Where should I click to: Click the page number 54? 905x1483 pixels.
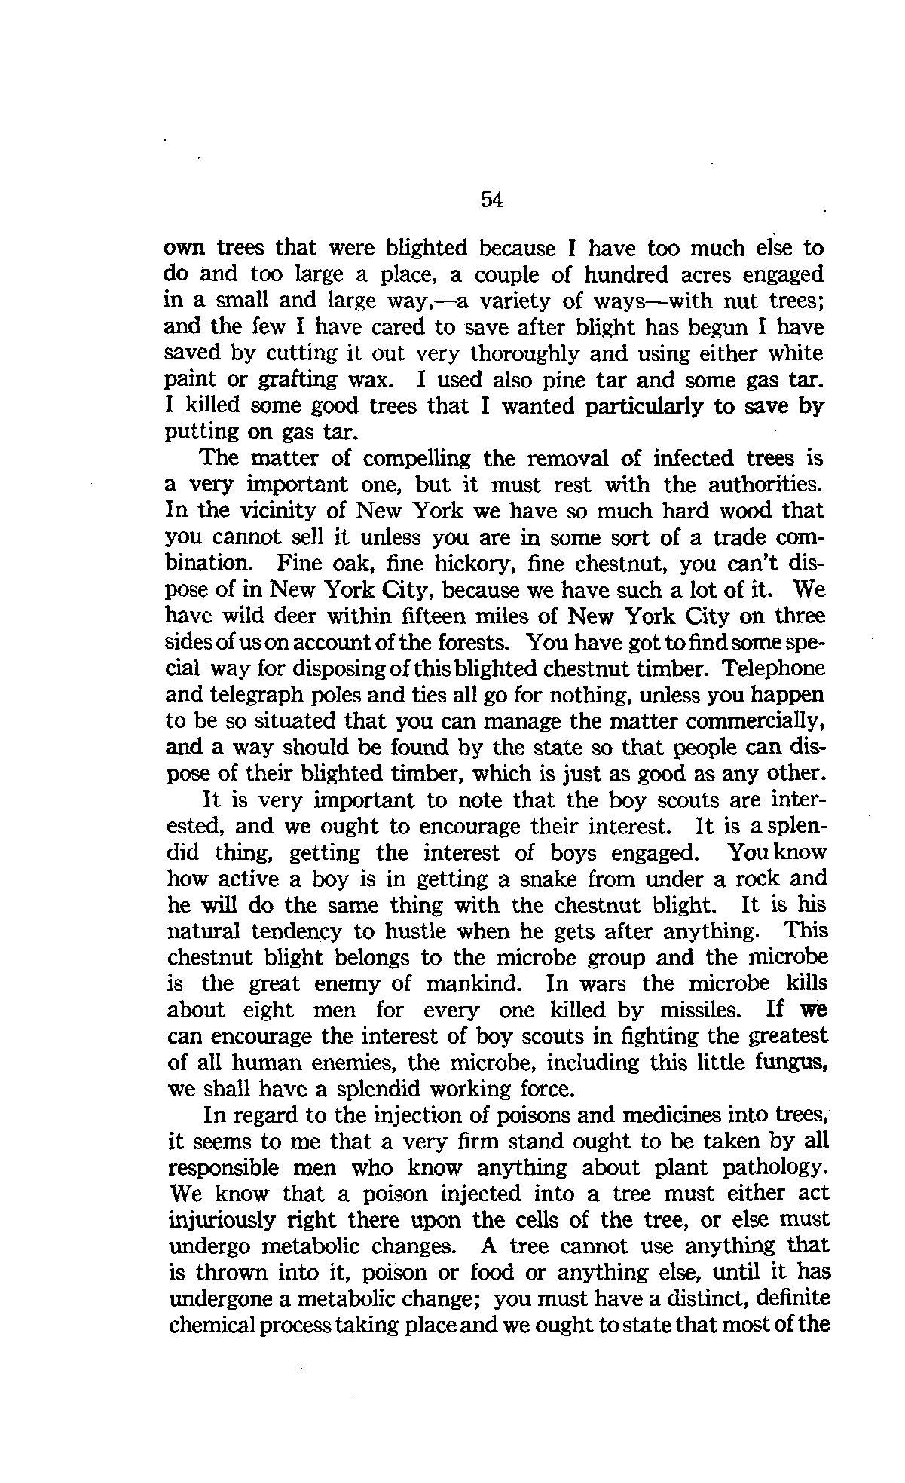click(x=491, y=200)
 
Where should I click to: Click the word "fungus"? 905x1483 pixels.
click(x=794, y=1063)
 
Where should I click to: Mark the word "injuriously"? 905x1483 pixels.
click(x=223, y=1220)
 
